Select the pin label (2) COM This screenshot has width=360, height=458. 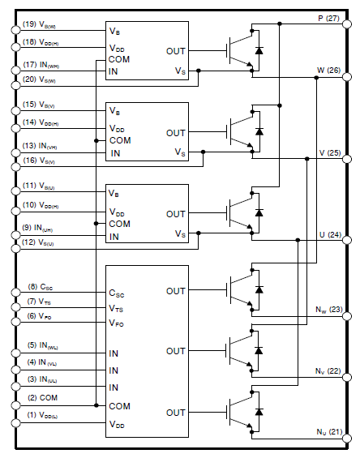pos(41,397)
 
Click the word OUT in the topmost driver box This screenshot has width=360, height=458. pos(176,50)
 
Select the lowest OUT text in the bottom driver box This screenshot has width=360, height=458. pos(176,413)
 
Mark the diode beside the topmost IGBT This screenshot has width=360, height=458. pos(259,50)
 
